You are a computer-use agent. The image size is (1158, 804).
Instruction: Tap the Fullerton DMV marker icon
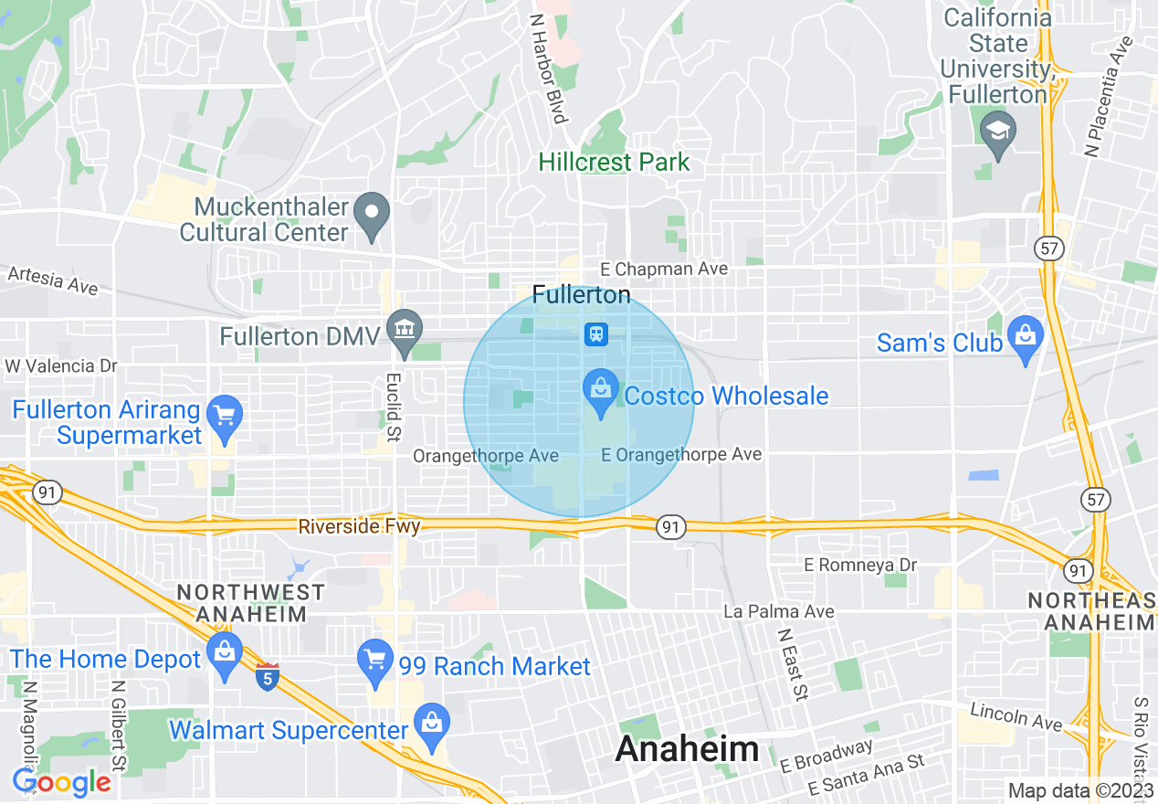click(x=403, y=330)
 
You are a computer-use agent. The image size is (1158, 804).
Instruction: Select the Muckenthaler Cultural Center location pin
click(x=372, y=214)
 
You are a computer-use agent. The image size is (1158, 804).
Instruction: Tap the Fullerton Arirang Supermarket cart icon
click(x=224, y=417)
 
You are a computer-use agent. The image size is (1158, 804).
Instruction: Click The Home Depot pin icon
click(x=224, y=652)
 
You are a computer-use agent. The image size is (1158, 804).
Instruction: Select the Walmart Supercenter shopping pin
click(x=432, y=724)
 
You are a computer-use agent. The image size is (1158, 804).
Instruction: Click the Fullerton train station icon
click(x=596, y=334)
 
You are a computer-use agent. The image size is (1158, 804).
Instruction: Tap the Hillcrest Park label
click(x=614, y=163)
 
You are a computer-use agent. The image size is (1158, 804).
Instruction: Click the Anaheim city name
click(x=687, y=749)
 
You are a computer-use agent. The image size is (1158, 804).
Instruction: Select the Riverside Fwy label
click(x=359, y=527)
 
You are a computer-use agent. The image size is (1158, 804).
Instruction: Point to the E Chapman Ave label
click(x=664, y=269)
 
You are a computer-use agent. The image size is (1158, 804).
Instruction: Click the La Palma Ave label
click(x=778, y=611)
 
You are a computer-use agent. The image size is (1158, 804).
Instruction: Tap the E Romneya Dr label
click(x=859, y=566)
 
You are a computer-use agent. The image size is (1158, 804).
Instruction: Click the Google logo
click(x=62, y=783)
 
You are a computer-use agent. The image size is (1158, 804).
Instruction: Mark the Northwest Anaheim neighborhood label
click(x=250, y=603)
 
